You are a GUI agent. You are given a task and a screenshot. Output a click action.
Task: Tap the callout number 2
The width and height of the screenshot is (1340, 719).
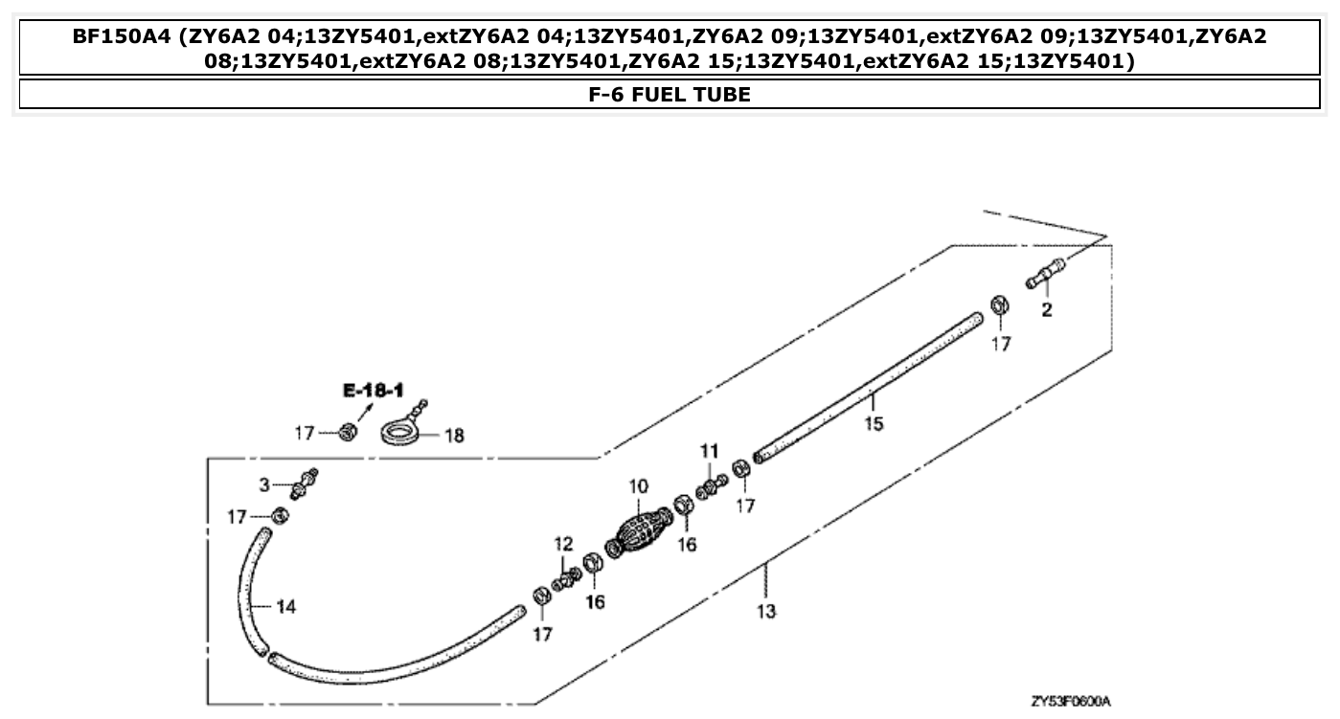pyautogui.click(x=1046, y=310)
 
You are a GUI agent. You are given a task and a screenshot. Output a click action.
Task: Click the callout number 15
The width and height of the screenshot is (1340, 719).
pyautogui.click(x=874, y=424)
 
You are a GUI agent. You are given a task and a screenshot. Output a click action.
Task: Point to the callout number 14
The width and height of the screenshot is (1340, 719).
pyautogui.click(x=286, y=605)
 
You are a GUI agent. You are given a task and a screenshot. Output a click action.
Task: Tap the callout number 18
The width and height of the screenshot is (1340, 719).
pyautogui.click(x=453, y=436)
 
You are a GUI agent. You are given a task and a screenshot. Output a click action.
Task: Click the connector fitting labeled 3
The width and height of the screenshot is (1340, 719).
pyautogui.click(x=305, y=483)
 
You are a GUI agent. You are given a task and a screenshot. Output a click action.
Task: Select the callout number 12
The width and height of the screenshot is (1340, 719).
pyautogui.click(x=563, y=544)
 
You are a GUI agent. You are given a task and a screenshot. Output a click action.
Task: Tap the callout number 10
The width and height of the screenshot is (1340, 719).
pyautogui.click(x=639, y=487)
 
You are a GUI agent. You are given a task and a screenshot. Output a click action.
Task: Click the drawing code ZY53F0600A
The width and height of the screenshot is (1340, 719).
pyautogui.click(x=1070, y=701)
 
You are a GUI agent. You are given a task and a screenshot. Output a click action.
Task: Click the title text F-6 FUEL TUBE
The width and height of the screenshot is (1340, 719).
pyautogui.click(x=670, y=94)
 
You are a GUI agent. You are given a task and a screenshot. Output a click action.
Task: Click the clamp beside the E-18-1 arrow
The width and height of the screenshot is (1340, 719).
pyautogui.click(x=348, y=434)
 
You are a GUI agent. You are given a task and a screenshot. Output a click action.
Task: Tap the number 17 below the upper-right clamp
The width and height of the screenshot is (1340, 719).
pyautogui.click(x=1000, y=344)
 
